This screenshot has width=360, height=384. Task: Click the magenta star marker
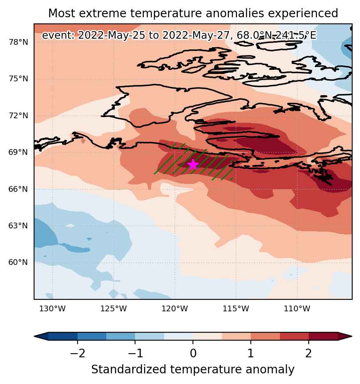click(x=193, y=164)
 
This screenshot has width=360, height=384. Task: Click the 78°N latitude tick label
click(x=18, y=42)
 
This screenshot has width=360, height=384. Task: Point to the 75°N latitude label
click(x=18, y=78)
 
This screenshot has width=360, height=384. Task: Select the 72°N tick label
click(x=18, y=115)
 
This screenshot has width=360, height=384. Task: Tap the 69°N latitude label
click(x=18, y=152)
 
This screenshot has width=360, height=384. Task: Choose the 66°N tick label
click(x=18, y=189)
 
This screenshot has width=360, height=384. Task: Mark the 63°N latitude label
click(x=18, y=225)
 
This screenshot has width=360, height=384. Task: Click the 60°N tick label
click(x=18, y=262)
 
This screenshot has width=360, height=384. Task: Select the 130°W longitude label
click(x=53, y=308)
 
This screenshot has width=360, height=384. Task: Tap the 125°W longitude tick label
click(x=114, y=308)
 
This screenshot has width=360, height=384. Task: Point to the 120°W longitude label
click(x=175, y=308)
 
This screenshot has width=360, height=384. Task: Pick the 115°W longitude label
click(x=236, y=308)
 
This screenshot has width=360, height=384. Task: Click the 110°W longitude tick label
click(x=297, y=308)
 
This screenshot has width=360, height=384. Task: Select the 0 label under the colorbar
click(x=193, y=353)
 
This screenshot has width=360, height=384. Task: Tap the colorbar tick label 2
click(x=309, y=353)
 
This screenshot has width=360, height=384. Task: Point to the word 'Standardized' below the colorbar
click(x=129, y=369)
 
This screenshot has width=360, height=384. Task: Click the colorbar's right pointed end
click(x=352, y=336)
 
